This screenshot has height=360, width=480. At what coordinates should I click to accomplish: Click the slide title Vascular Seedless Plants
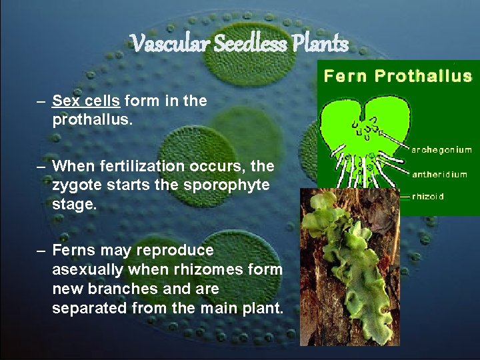click(239, 45)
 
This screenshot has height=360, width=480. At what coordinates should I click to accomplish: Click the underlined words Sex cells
click(85, 101)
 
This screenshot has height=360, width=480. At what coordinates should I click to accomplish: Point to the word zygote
click(74, 185)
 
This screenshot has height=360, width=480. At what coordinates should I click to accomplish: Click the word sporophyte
click(234, 185)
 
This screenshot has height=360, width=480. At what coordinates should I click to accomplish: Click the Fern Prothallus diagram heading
click(397, 75)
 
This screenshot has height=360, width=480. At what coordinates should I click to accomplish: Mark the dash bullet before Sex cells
click(41, 102)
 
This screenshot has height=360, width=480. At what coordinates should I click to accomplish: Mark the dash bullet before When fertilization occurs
click(41, 166)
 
